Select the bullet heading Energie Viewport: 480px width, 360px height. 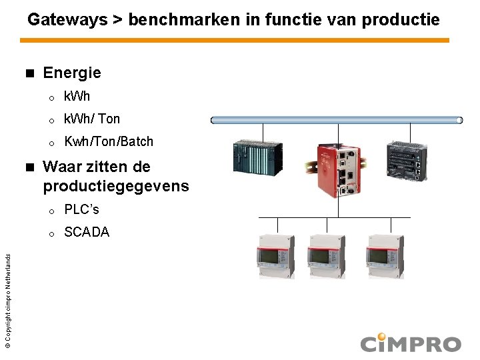[72, 72]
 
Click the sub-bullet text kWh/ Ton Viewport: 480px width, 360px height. [92, 119]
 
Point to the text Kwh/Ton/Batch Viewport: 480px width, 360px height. [109, 141]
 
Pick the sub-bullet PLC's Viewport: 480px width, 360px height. [81, 209]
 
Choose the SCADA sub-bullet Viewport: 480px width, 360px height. [87, 232]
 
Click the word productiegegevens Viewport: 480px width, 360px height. [116, 186]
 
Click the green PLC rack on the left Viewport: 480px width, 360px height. [257, 159]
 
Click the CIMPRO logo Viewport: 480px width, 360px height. [410, 343]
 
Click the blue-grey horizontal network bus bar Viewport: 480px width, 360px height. [337, 120]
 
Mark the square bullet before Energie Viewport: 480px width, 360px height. [28, 72]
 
